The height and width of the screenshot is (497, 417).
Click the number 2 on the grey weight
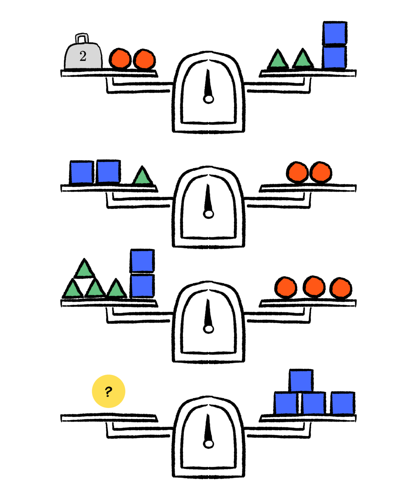[x=83, y=56]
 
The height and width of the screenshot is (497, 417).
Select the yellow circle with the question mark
[x=108, y=391]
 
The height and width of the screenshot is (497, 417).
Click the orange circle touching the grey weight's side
[x=120, y=59]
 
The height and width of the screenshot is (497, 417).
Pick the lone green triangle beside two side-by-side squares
[x=142, y=176]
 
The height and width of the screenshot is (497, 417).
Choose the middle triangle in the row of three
[x=95, y=288]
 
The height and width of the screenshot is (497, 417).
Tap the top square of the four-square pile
[x=301, y=381]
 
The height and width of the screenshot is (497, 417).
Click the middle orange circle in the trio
[x=314, y=286]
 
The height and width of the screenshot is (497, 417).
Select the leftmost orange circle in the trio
[x=286, y=287]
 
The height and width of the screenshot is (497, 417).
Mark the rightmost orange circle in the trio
[x=341, y=288]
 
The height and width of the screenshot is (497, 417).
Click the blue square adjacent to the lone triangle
[x=108, y=172]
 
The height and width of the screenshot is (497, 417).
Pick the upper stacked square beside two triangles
[x=334, y=33]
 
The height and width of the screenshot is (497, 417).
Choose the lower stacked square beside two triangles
[x=334, y=57]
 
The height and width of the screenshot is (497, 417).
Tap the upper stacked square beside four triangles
[x=142, y=261]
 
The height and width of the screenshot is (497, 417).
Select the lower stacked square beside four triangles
[x=142, y=286]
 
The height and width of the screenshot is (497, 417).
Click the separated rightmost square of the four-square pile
[x=342, y=404]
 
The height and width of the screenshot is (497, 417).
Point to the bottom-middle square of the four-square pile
[x=313, y=404]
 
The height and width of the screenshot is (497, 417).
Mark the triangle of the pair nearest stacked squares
[x=303, y=59]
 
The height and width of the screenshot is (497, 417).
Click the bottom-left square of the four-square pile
[x=286, y=404]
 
